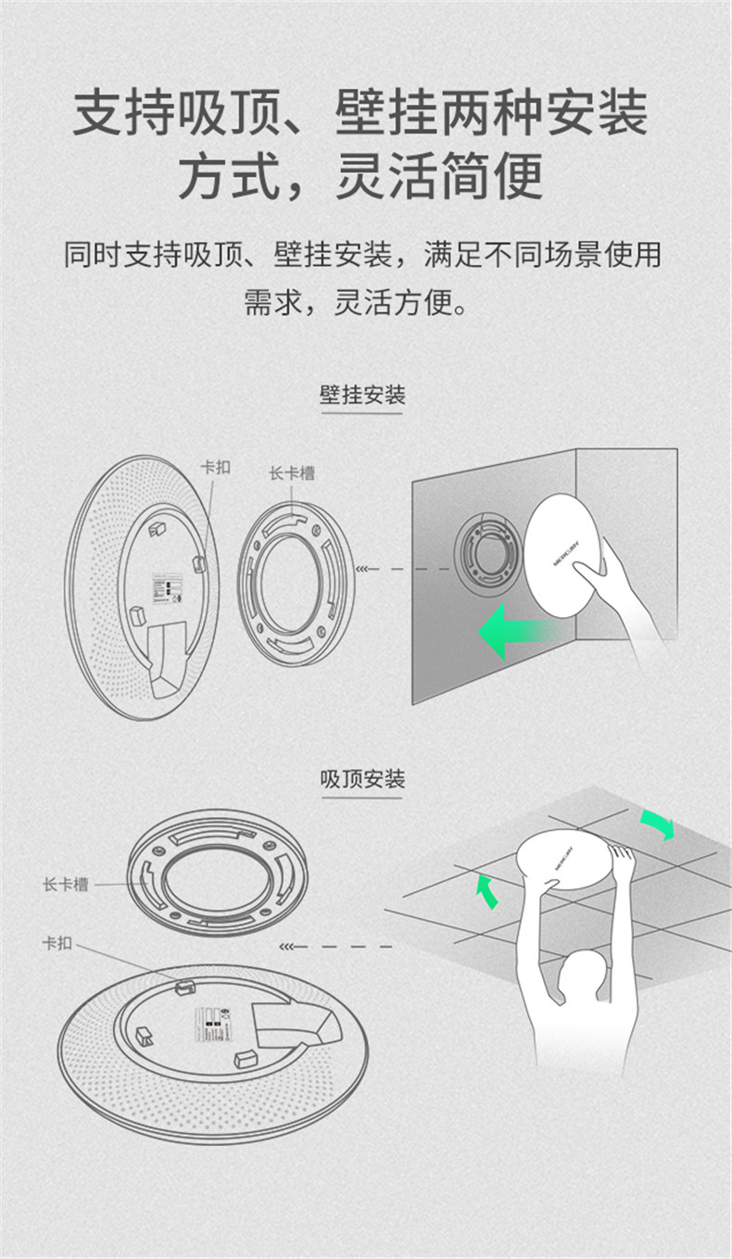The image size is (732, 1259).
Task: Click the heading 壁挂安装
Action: click(362, 396)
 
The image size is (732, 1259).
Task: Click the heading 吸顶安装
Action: click(362, 779)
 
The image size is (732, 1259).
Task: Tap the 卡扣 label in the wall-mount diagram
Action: click(215, 467)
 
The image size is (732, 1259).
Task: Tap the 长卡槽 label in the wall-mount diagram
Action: click(292, 472)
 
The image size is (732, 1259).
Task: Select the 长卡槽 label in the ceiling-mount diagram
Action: click(66, 885)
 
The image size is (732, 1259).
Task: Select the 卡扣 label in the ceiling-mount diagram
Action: click(57, 943)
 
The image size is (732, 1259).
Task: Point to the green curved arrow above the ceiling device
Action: click(657, 824)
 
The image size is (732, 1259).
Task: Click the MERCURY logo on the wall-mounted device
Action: click(566, 550)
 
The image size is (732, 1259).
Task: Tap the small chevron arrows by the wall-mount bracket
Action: click(368, 569)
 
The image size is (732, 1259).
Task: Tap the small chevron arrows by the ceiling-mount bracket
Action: click(292, 947)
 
